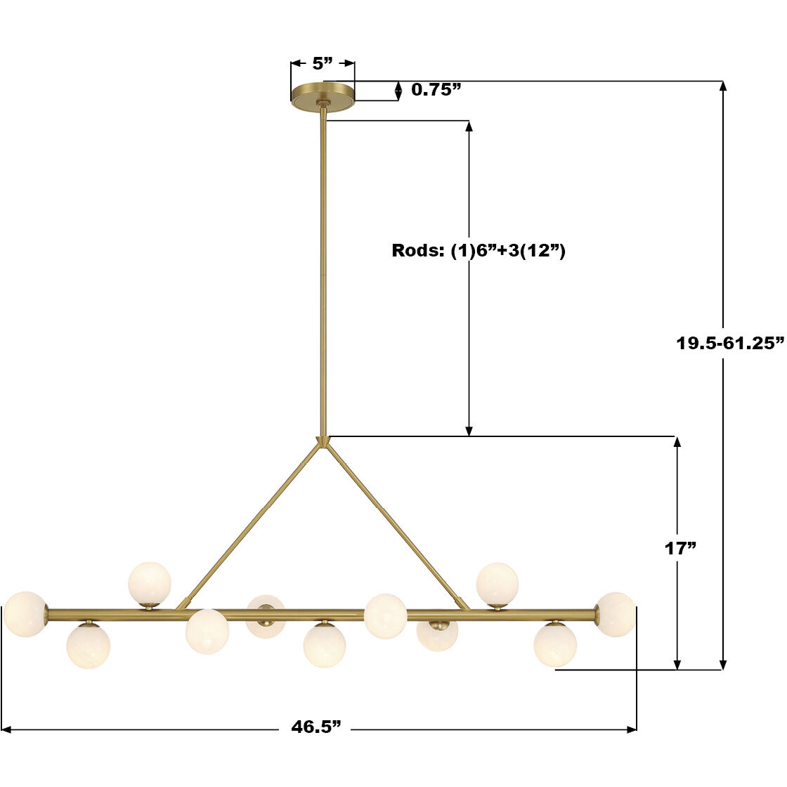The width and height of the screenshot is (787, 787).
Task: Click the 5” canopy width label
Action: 323,64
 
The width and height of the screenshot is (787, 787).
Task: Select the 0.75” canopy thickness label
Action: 436,89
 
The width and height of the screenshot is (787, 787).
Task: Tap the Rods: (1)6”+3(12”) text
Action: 479,251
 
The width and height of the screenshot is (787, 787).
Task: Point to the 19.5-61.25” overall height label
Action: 729,344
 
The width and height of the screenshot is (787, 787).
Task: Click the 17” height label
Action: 680,549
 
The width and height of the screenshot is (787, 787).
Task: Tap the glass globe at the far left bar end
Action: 25,613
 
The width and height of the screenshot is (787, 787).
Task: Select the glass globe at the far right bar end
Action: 616,614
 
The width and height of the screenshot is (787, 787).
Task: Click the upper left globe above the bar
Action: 150,583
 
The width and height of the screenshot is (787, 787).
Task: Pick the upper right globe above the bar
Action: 497,584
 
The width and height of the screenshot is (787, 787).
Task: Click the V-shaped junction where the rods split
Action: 323,442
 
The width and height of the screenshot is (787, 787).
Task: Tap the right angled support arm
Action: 393,524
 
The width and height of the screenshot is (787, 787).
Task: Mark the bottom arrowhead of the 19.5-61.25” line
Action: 723,664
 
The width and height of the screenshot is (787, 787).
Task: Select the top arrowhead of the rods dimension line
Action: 469,126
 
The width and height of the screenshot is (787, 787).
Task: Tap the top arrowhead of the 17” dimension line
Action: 677,442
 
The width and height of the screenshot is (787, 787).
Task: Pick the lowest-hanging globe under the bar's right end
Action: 554,645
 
